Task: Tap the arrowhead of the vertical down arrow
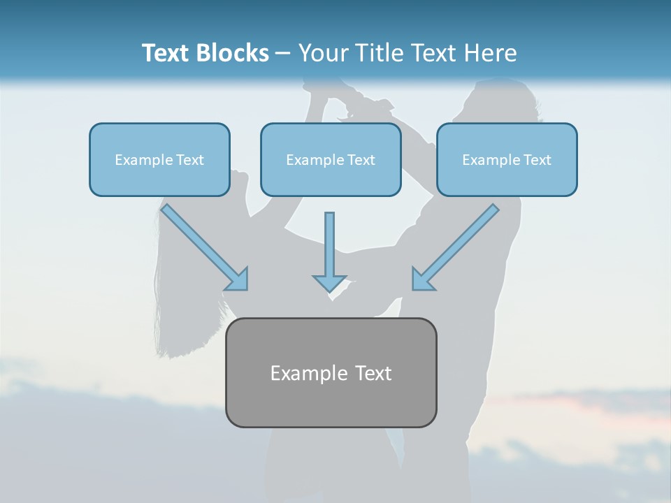click(329, 282)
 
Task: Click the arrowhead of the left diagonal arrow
click(238, 279)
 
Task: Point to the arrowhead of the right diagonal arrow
click(422, 279)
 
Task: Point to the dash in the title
click(283, 54)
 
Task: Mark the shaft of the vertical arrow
click(329, 241)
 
